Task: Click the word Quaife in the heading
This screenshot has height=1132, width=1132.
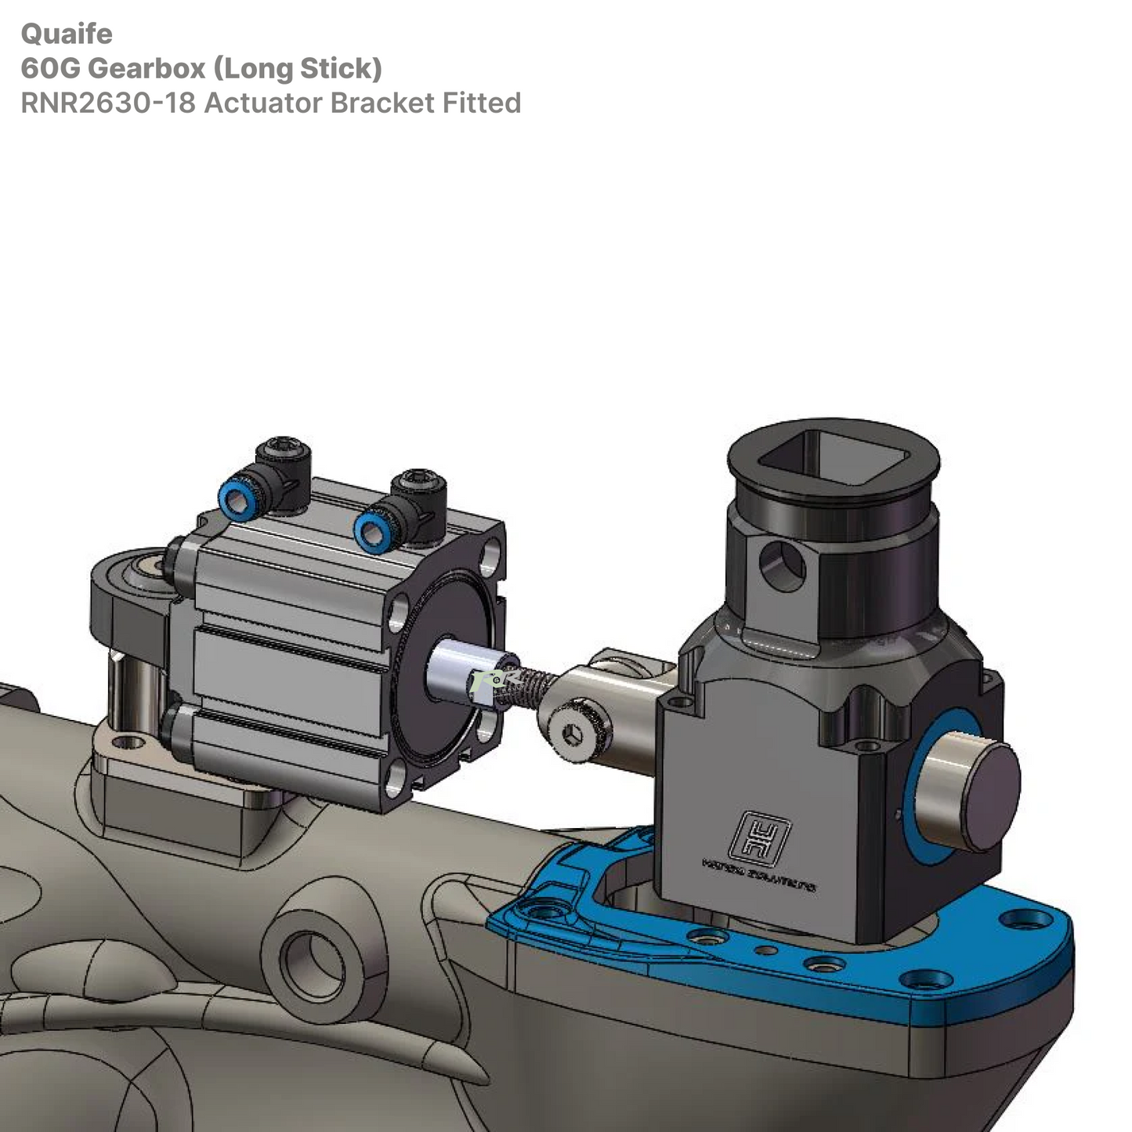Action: (67, 34)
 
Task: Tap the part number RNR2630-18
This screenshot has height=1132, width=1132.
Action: (107, 103)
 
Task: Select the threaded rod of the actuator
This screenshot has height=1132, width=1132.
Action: (524, 686)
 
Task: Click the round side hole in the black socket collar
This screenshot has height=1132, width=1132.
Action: (781, 566)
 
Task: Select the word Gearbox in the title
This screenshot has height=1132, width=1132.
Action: (146, 68)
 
